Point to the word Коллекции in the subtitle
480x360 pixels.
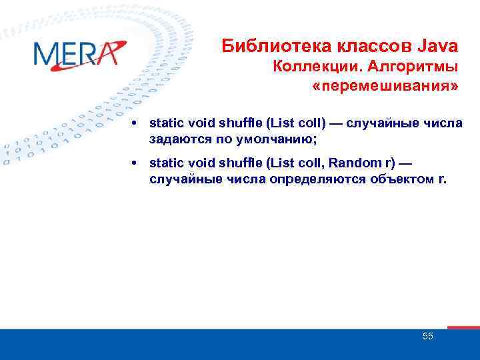(308, 67)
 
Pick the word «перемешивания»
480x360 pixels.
(385, 87)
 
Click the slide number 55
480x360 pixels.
(427, 336)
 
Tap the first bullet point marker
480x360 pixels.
(135, 123)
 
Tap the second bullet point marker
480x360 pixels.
(135, 163)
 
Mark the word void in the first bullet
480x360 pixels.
(198, 123)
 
